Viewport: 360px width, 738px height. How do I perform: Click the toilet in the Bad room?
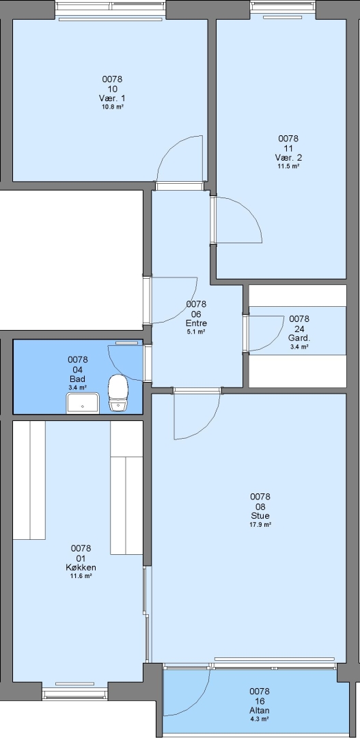click(x=118, y=394)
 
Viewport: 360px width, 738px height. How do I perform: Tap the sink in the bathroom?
click(x=83, y=403)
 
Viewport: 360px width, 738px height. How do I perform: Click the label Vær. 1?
click(x=112, y=98)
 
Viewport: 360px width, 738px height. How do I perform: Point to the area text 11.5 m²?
click(x=288, y=165)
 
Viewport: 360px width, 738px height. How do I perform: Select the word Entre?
click(x=196, y=323)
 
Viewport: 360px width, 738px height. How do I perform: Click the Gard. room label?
click(x=299, y=338)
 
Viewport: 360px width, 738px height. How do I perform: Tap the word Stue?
click(x=260, y=516)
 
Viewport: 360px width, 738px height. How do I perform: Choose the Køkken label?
click(x=81, y=568)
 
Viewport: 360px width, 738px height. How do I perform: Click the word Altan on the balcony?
click(x=260, y=711)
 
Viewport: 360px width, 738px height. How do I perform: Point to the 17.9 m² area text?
click(x=260, y=524)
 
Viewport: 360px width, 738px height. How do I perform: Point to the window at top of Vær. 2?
click(x=282, y=6)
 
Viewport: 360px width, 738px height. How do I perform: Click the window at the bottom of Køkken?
click(x=75, y=694)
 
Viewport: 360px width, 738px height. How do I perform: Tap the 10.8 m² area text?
click(x=112, y=107)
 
